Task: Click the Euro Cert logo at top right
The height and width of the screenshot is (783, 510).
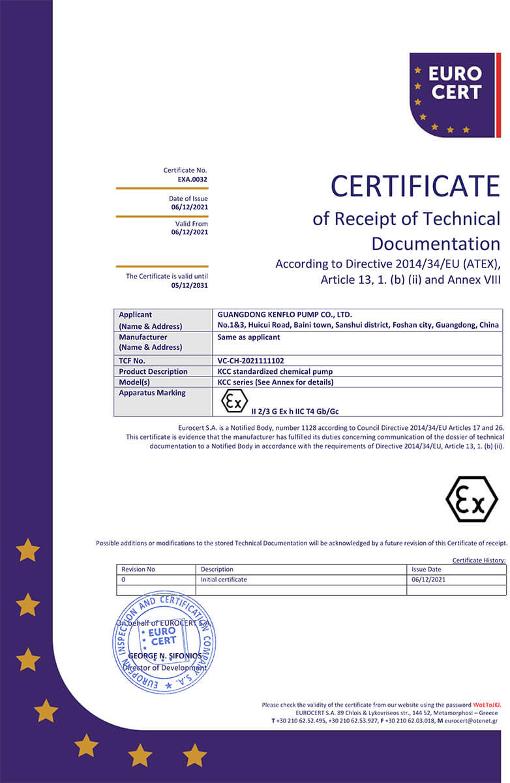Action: [455, 94]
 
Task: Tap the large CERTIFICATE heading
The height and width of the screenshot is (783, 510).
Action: [415, 186]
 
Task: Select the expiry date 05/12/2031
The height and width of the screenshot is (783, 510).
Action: [190, 285]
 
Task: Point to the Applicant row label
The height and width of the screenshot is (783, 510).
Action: [136, 315]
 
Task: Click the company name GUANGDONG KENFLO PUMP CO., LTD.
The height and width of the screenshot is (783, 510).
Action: [284, 315]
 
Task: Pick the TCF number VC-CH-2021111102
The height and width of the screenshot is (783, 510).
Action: [251, 360]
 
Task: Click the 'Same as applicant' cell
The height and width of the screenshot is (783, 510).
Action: [248, 337]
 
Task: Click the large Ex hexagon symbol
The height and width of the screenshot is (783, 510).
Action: [471, 499]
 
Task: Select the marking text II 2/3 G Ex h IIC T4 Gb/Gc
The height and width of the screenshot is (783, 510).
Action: [295, 411]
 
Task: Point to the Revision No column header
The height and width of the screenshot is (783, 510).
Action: [138, 570]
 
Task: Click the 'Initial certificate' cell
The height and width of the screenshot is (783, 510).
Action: [224, 579]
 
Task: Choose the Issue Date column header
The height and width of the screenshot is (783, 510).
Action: [426, 570]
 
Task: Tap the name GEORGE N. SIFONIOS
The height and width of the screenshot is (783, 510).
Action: [164, 656]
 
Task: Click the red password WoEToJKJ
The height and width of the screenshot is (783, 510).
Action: [487, 705]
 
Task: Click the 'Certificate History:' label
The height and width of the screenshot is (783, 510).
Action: [479, 560]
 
